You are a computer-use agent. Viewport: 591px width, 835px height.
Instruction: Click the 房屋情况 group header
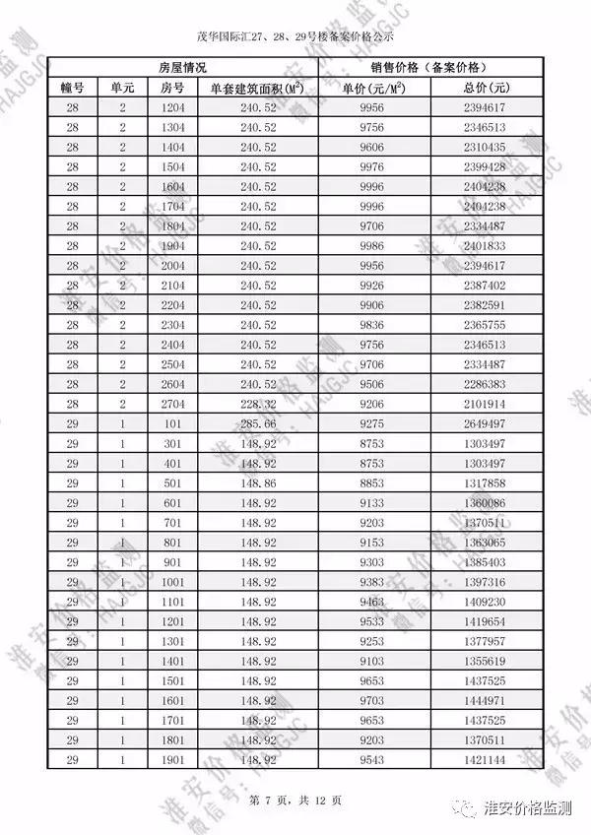[x=182, y=68]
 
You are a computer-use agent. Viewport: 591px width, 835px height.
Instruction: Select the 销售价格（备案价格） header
[x=428, y=68]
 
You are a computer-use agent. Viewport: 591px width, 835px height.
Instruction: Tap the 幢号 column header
[x=73, y=88]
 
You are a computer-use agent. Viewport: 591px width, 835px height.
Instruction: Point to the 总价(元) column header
[x=484, y=88]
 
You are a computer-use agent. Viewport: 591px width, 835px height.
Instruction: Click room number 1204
[x=172, y=107]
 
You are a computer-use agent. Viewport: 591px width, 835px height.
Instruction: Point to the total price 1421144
[x=484, y=760]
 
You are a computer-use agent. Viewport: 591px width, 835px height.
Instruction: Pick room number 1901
[x=172, y=760]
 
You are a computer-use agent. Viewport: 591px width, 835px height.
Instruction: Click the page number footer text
[x=295, y=799]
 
